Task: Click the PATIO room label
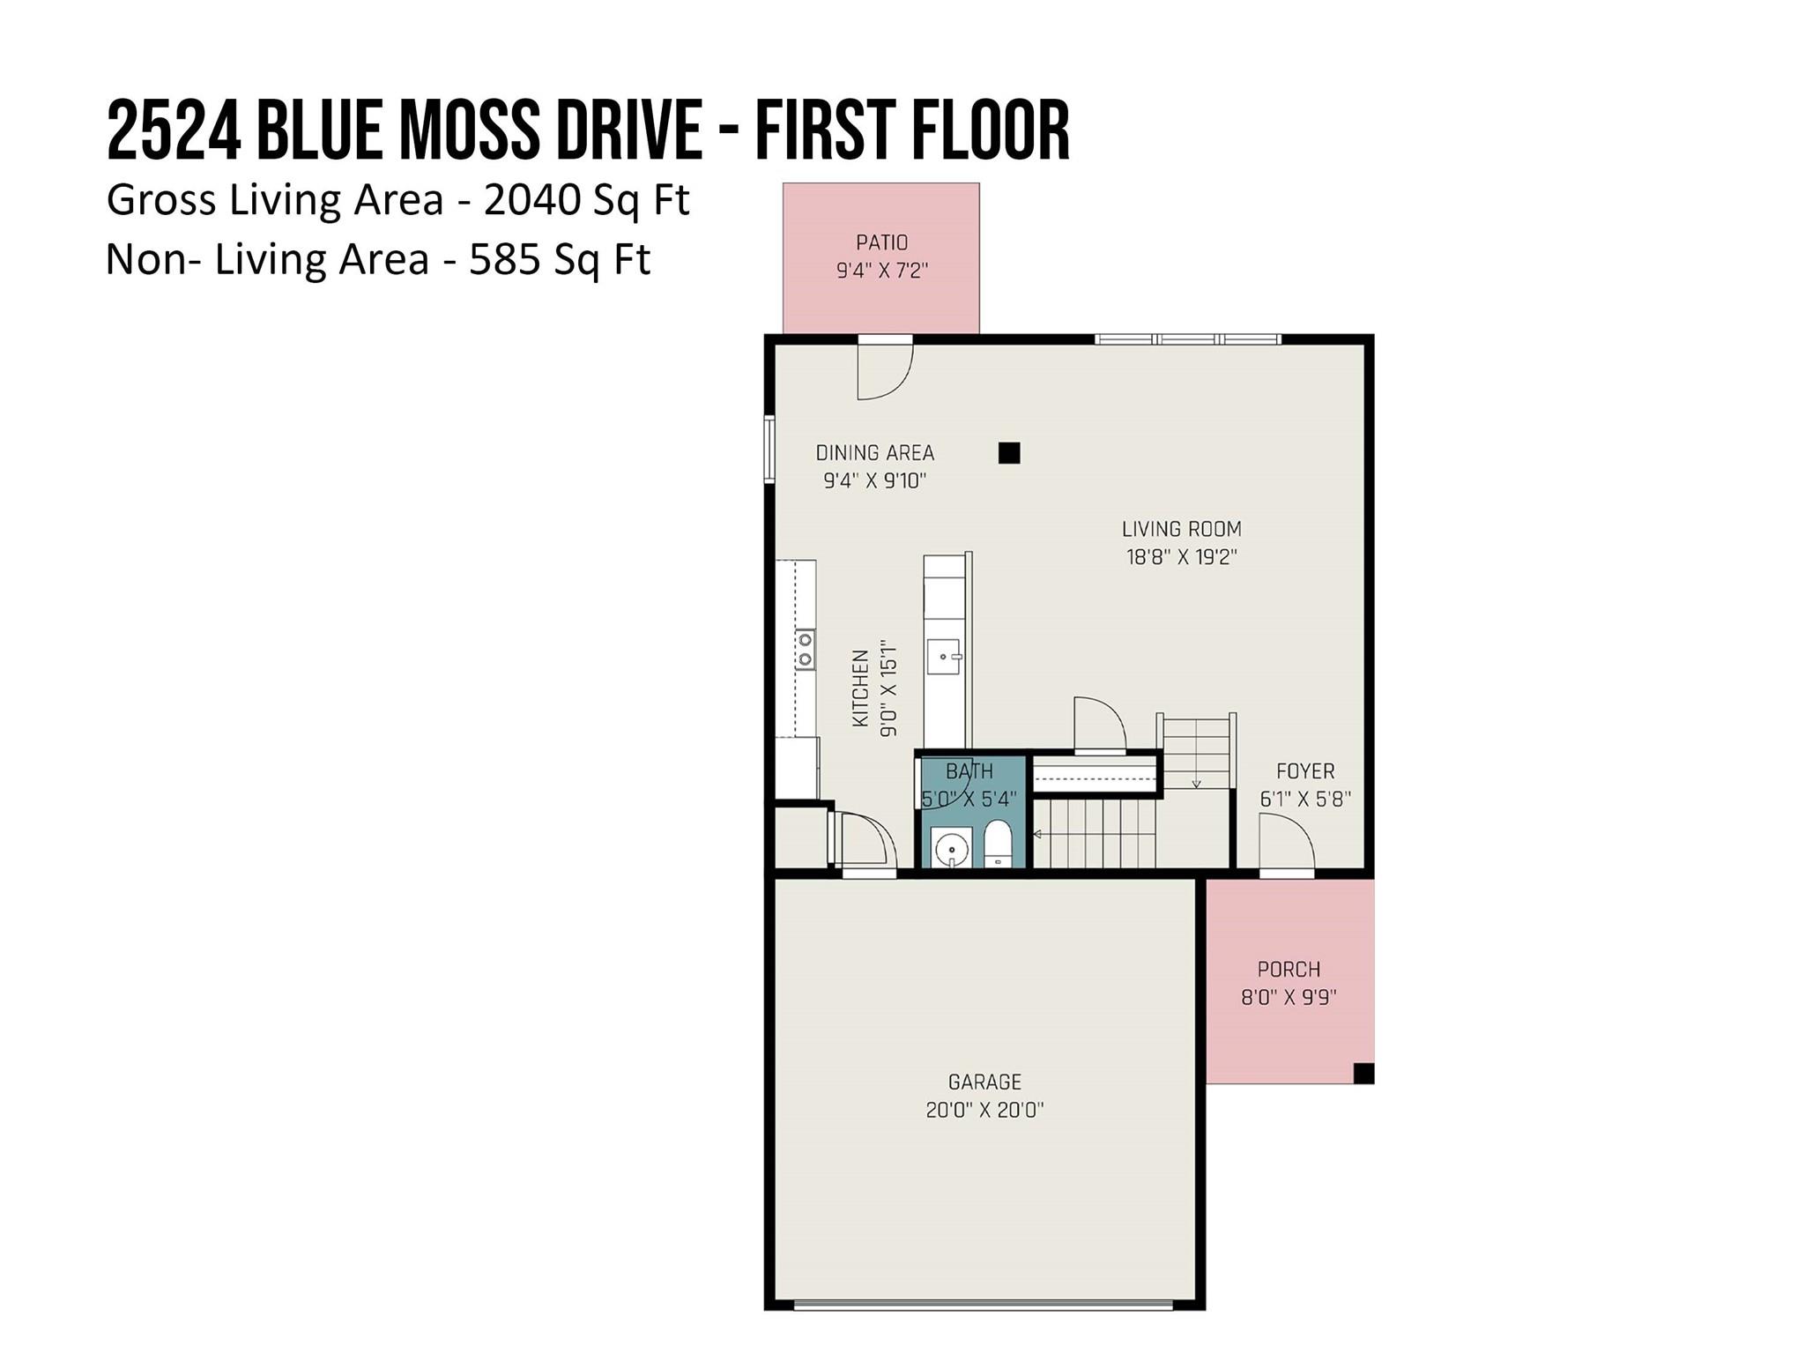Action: point(881,242)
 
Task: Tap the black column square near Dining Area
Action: point(1009,453)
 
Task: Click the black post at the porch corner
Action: point(1363,1073)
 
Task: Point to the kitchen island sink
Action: point(944,657)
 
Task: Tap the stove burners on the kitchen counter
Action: point(805,650)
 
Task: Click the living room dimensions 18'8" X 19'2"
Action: point(1181,557)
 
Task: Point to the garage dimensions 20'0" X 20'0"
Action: point(984,1110)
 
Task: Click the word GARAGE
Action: point(984,1082)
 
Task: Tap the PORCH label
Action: point(1289,970)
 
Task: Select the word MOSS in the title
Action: point(468,131)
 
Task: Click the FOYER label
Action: point(1305,771)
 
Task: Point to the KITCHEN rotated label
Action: point(861,688)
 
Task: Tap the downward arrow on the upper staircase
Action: point(1197,782)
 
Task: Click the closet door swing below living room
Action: point(1099,725)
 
